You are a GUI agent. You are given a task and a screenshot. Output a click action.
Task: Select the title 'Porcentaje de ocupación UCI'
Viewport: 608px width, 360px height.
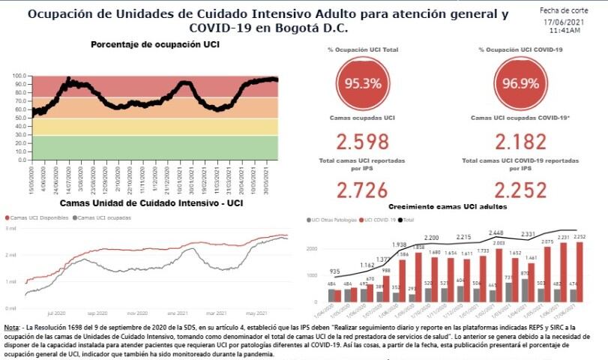(x=155, y=45)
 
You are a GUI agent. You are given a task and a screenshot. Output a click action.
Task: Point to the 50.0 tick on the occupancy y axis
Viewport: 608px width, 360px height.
(x=19, y=118)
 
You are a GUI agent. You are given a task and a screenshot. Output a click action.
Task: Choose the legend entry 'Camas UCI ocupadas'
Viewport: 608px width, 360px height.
(x=103, y=217)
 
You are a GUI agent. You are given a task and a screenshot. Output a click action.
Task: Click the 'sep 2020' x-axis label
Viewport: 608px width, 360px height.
(x=96, y=313)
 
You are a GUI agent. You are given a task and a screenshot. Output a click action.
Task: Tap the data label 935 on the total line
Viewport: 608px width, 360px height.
(x=335, y=271)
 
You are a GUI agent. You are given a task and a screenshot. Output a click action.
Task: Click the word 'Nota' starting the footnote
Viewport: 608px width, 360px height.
(x=11, y=328)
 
